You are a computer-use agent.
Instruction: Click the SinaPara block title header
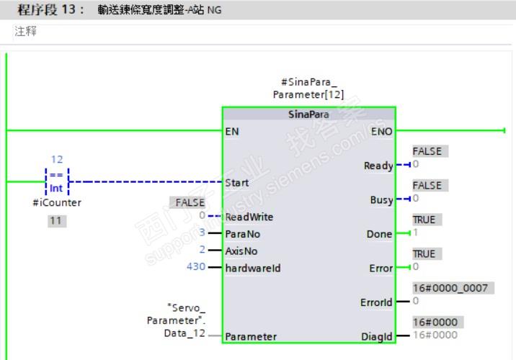click(308, 115)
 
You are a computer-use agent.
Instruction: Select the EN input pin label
click(232, 132)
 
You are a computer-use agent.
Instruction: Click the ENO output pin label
click(381, 132)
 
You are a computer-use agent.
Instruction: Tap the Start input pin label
click(237, 183)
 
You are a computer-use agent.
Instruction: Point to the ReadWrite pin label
click(249, 217)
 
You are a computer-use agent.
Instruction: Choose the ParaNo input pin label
click(242, 234)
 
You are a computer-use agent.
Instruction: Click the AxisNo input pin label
click(241, 251)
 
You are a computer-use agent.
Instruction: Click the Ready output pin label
click(378, 166)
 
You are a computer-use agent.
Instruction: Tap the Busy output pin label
click(381, 200)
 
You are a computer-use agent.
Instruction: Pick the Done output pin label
click(379, 234)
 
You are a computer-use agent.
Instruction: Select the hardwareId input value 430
click(195, 268)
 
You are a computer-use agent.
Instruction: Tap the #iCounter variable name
click(57, 203)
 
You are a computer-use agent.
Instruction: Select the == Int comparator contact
click(57, 182)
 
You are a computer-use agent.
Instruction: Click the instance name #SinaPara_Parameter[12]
click(308, 89)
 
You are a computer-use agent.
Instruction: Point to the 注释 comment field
click(25, 32)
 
